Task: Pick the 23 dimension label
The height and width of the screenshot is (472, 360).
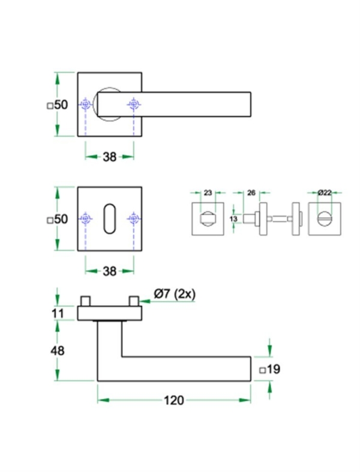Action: (x=208, y=193)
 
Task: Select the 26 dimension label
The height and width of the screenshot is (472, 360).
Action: (x=251, y=193)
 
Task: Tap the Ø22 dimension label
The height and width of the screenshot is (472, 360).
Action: (x=325, y=193)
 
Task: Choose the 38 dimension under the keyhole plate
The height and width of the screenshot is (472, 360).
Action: (x=109, y=271)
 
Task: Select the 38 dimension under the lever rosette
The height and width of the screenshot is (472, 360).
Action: (x=109, y=157)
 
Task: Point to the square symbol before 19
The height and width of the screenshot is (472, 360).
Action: (x=262, y=370)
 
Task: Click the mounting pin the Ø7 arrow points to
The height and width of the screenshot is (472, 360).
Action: (x=134, y=299)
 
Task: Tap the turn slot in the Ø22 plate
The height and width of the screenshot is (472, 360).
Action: (x=325, y=218)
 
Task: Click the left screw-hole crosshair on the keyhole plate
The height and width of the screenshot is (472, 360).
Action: (x=86, y=220)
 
